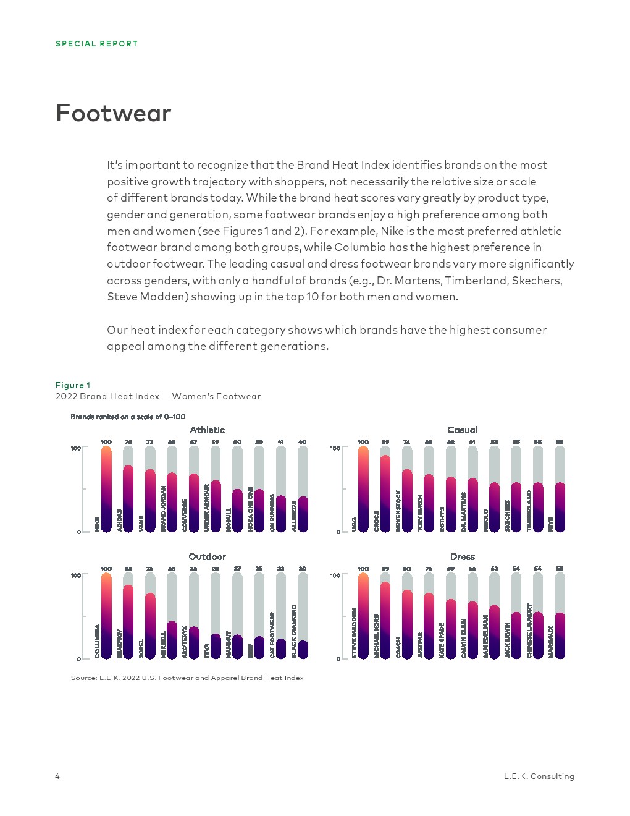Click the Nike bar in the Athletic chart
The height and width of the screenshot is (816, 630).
tap(106, 488)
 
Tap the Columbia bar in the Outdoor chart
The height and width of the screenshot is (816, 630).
tap(106, 616)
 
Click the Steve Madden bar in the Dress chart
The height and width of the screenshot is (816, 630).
tap(363, 616)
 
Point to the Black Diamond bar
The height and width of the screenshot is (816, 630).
tap(303, 649)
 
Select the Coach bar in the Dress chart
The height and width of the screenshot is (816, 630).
tap(406, 624)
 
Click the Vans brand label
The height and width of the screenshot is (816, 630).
tap(141, 523)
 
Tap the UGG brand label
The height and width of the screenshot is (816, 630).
tap(355, 524)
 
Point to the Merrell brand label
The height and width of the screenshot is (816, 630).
tap(164, 644)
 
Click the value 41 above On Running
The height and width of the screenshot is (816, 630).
tap(280, 442)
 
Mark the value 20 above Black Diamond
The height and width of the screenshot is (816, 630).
tap(303, 569)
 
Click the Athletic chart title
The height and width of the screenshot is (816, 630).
tap(208, 430)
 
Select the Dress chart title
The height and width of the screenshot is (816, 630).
tap(463, 556)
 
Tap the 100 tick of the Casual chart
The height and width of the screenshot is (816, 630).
tap(335, 448)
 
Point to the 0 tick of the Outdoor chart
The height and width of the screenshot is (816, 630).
tap(79, 659)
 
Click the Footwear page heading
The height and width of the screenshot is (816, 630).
tap(114, 113)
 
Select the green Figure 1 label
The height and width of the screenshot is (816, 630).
tap(73, 385)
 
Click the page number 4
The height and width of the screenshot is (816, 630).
tap(57, 776)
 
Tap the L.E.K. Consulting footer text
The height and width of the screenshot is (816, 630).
tap(539, 776)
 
